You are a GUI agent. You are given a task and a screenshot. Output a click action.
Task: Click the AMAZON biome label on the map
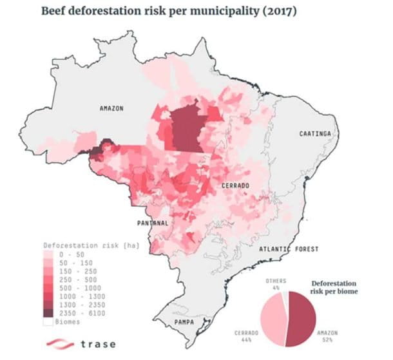pyautogui.click(x=111, y=108)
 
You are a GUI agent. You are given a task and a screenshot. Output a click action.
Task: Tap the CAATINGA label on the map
pyautogui.click(x=315, y=133)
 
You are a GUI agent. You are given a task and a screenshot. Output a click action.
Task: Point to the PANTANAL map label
pyautogui.click(x=153, y=223)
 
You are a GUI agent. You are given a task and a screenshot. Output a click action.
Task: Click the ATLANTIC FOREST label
pyautogui.click(x=284, y=249)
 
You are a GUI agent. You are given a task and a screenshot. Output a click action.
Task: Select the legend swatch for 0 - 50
pyautogui.click(x=48, y=255)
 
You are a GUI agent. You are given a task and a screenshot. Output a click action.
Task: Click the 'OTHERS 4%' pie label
pyautogui.click(x=276, y=283)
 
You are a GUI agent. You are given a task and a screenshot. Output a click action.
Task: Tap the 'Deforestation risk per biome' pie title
pyautogui.click(x=336, y=286)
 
